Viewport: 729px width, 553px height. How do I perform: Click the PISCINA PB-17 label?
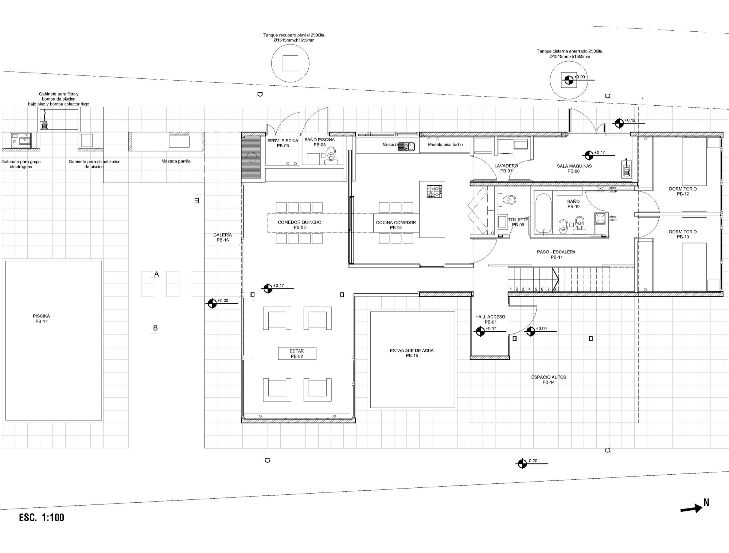point(41,319)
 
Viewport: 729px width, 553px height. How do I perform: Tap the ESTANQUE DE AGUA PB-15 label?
point(412,353)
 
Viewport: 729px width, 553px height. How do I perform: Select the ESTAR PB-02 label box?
point(297,354)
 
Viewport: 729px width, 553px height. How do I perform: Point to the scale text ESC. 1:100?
point(42,518)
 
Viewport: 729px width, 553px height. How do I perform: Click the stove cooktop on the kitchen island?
point(434,192)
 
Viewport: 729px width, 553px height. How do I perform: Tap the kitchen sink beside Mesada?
point(406,147)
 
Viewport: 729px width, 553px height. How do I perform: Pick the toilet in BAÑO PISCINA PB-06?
point(331,153)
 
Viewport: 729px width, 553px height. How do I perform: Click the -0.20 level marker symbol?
point(522,463)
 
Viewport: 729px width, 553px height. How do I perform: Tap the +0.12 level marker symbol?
point(619,123)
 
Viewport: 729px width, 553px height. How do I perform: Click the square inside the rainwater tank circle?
point(291,63)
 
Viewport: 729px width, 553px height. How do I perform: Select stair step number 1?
point(511,289)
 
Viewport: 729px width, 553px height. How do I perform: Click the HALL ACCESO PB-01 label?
point(490,319)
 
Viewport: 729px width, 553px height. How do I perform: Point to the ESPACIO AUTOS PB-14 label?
point(548,380)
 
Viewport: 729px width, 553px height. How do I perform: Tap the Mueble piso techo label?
point(445,145)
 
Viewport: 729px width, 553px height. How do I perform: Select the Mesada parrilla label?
point(176,161)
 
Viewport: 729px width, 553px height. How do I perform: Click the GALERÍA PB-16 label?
point(222,237)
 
